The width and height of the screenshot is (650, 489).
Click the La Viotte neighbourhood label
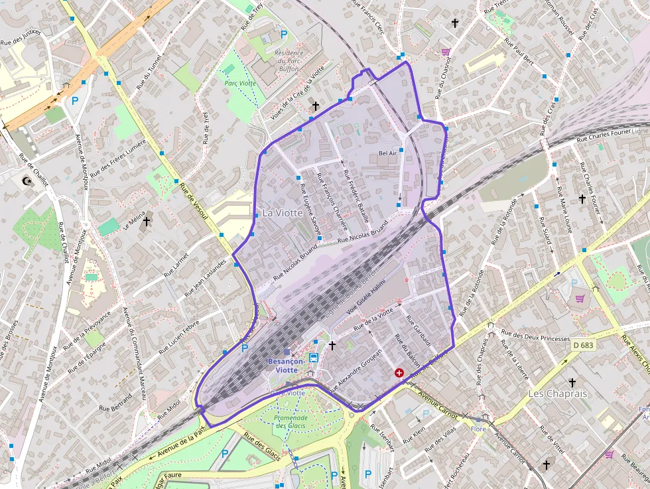coord(282,213)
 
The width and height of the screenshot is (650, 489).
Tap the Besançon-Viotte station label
coord(287,365)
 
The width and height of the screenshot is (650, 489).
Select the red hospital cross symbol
coord(399,374)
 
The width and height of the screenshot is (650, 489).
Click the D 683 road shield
coord(583,346)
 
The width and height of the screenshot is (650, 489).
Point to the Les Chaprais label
coord(558,393)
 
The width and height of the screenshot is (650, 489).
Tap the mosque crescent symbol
coord(27,180)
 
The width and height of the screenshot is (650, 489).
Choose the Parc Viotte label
coord(239,83)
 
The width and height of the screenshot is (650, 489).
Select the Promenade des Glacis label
coord(291,421)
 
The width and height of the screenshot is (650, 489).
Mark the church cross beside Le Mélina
coord(147,222)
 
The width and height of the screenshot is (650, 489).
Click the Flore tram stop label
coord(478,429)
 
